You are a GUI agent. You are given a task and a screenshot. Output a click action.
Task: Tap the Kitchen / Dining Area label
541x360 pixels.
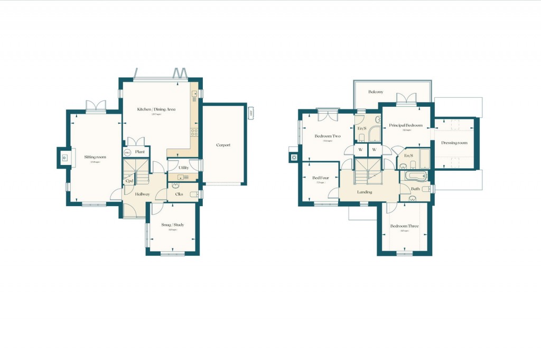click(x=156, y=109)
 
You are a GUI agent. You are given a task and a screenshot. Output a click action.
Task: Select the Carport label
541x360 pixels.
click(x=223, y=145)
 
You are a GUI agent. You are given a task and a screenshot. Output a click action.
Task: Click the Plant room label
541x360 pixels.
click(x=140, y=152)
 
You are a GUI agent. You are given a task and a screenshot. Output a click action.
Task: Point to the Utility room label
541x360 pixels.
click(x=183, y=167)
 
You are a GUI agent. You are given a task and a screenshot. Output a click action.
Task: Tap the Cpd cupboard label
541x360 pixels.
click(x=129, y=180)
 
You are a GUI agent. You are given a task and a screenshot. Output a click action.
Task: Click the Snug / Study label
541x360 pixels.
click(x=172, y=225)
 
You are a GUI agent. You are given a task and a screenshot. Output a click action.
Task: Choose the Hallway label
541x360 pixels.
click(x=142, y=194)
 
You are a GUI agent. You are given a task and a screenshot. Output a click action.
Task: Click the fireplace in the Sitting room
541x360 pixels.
click(x=64, y=157)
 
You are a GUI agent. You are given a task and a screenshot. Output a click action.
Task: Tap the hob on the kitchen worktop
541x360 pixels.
click(x=194, y=132)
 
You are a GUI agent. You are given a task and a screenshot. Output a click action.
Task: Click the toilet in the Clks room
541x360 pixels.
click(x=194, y=195)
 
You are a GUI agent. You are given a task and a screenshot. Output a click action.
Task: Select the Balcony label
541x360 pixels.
click(x=376, y=92)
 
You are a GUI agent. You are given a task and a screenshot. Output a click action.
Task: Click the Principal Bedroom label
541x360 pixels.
click(x=406, y=125)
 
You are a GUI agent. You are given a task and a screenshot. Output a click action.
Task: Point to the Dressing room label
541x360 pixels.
click(x=454, y=143)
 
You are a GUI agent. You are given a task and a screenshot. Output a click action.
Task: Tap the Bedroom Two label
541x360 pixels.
click(x=328, y=136)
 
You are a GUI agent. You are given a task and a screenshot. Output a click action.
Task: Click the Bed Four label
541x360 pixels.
click(x=320, y=178)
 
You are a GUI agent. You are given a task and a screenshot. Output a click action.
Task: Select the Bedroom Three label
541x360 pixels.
click(x=404, y=226)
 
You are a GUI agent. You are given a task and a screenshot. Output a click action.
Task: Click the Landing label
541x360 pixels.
click(x=365, y=192)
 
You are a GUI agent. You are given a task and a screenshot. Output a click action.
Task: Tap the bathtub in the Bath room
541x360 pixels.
click(x=415, y=176)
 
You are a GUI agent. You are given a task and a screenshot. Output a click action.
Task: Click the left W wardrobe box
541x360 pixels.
click(x=360, y=150)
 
